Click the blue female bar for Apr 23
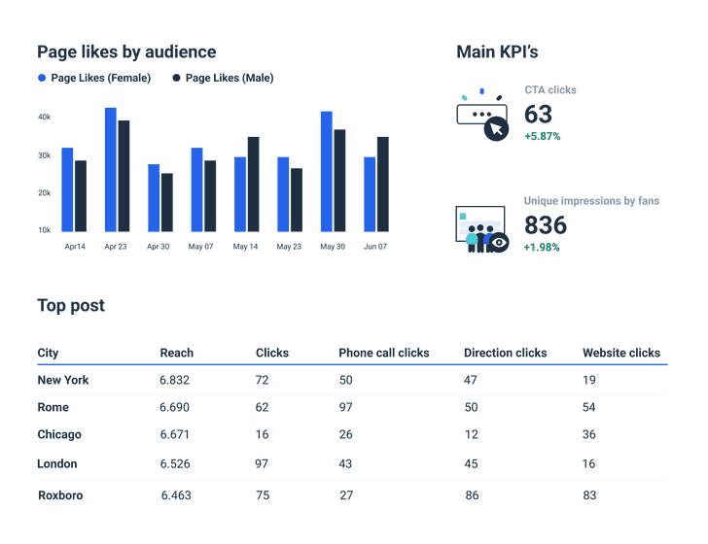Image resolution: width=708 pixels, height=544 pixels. tap(111, 170)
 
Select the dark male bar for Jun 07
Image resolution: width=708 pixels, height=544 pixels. tap(383, 185)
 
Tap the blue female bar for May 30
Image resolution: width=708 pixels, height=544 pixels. tap(327, 172)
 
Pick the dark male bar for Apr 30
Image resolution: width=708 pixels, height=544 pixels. tap(167, 203)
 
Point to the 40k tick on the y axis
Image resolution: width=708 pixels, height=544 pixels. tap(45, 117)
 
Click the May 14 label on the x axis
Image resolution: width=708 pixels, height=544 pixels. tap(246, 247)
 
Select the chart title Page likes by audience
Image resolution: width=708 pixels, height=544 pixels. tap(126, 51)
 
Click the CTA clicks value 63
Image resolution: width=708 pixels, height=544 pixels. tap(538, 114)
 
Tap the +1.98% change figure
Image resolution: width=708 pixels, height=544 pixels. tap(542, 248)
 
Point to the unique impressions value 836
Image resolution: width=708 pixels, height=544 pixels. tap(545, 225)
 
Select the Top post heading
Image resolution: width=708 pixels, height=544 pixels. tap(71, 306)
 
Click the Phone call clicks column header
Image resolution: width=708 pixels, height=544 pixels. tap(383, 353)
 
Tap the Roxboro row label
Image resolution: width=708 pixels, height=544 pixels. tap(60, 495)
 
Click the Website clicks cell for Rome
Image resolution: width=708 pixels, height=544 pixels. tap(589, 407)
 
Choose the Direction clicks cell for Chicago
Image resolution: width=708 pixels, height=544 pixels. tap(471, 434)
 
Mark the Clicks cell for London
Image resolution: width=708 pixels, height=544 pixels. tap(262, 463)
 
